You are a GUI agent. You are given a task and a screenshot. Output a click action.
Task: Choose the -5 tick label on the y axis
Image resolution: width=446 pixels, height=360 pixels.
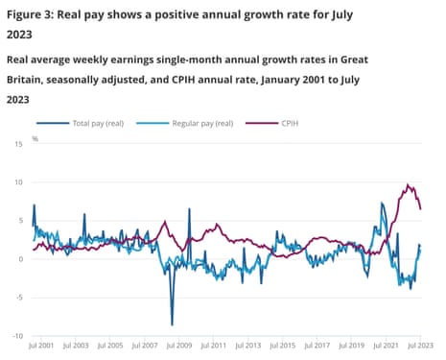[16, 297]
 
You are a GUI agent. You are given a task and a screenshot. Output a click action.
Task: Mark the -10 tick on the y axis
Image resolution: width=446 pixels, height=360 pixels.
[15, 335]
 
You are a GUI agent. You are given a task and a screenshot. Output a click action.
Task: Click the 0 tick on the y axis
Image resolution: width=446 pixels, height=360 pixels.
[18, 258]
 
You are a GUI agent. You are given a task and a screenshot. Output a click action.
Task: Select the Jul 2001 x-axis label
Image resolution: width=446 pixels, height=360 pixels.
[41, 345]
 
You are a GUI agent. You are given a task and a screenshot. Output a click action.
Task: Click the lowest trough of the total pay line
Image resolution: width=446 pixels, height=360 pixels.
[172, 324]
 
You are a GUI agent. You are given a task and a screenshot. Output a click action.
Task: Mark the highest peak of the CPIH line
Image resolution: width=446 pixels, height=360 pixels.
[408, 184]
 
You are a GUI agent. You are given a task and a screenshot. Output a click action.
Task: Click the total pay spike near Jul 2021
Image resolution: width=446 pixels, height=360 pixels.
[383, 204]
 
